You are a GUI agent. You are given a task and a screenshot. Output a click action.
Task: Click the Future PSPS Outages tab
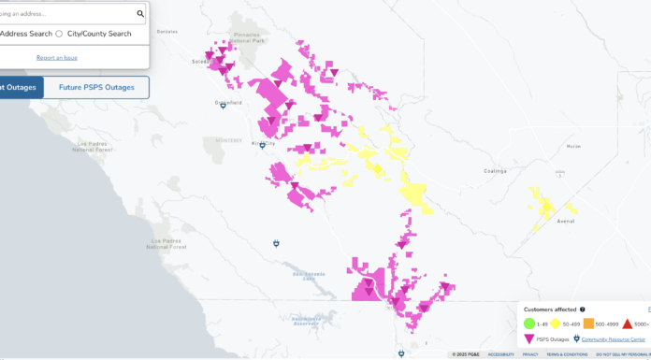coord(96,88)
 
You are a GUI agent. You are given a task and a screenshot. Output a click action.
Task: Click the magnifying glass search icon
coord(140,14)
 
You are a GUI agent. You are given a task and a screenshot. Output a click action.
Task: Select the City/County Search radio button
coord(59,34)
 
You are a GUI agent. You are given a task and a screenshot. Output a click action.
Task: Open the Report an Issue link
coord(56,58)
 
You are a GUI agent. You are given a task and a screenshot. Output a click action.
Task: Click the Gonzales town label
coord(193,31)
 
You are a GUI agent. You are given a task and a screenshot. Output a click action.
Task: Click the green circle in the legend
coord(528,324)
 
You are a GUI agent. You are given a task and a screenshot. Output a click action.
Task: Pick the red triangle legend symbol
coord(628,324)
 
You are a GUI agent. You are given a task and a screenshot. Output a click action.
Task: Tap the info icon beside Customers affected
coord(583,310)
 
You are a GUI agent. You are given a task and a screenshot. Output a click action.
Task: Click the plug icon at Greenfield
coord(223,107)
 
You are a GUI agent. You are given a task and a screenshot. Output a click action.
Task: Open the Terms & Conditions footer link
coord(567,354)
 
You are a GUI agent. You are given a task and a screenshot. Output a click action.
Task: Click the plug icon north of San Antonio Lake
coord(277,243)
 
